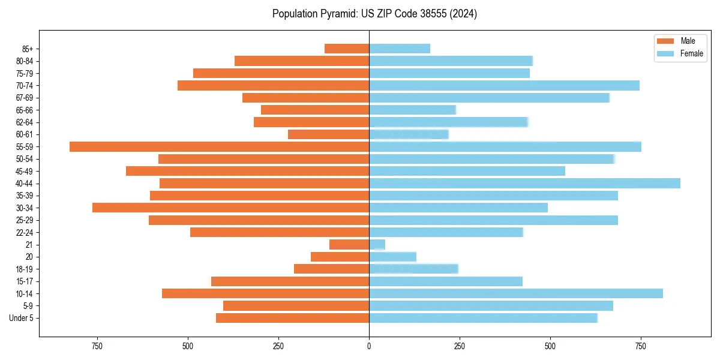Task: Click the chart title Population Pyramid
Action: [374, 14]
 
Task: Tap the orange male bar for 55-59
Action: [219, 147]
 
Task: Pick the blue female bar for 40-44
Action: [524, 183]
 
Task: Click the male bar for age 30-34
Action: [230, 208]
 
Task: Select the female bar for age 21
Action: [377, 245]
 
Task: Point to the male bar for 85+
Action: [347, 49]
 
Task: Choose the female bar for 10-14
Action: [516, 293]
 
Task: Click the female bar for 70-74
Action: [504, 85]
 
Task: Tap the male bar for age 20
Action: [340, 257]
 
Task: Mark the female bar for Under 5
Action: [483, 318]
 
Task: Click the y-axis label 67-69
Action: [25, 98]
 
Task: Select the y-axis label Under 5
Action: [22, 318]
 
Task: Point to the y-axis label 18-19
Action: [25, 269]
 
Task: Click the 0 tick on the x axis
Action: [369, 346]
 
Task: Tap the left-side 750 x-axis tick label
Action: [97, 346]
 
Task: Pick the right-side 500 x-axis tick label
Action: [550, 346]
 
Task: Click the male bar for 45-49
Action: [247, 171]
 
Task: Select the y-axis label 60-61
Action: [25, 134]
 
